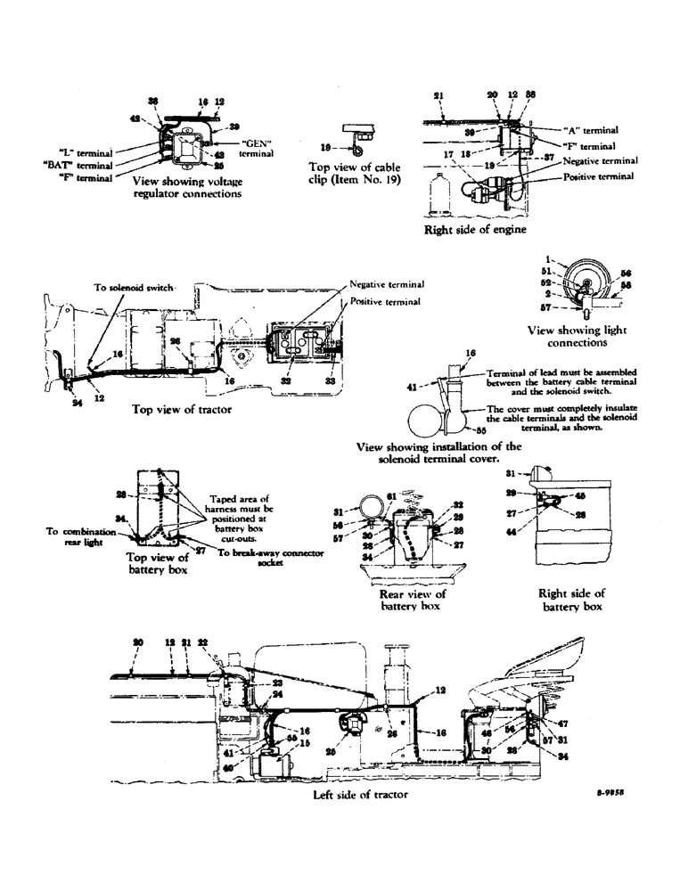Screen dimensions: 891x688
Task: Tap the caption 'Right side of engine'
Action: [x=475, y=229]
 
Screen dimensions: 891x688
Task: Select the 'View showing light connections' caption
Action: [x=577, y=336]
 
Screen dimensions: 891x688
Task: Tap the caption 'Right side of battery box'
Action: [x=571, y=600]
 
